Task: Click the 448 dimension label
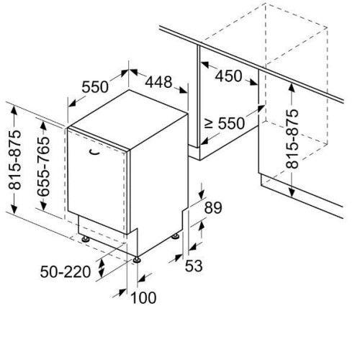[158, 82]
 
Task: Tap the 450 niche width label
[228, 76]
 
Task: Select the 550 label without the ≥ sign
[95, 86]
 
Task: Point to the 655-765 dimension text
[44, 166]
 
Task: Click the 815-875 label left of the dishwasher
[15, 160]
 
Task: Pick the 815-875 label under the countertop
[292, 139]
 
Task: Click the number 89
[213, 208]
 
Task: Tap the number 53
[194, 266]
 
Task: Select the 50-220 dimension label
[66, 272]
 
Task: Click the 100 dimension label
[143, 297]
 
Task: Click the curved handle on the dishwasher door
[94, 153]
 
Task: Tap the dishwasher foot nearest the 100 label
[137, 260]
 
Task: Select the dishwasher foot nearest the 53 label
[176, 236]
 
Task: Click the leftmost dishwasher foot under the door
[85, 239]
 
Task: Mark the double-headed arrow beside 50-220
[102, 268]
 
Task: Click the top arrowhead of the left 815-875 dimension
[14, 111]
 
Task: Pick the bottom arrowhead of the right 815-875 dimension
[292, 192]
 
